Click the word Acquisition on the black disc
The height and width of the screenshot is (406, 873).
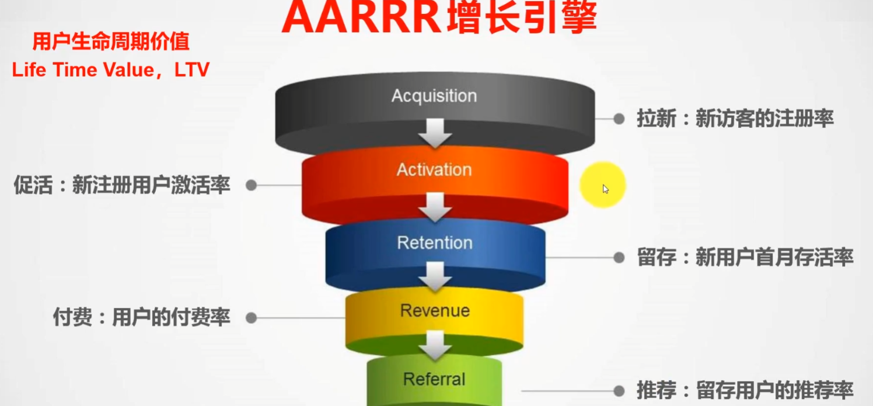pos(434,96)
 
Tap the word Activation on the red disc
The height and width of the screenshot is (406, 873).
pos(434,170)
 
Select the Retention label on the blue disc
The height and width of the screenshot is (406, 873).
pos(434,242)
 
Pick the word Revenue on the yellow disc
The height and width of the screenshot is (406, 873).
pos(435,310)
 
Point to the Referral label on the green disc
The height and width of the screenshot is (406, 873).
pos(434,379)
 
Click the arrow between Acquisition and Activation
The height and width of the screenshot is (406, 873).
pos(435,133)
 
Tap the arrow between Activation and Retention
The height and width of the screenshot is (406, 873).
pos(435,207)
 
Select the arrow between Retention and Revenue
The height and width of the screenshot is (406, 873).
pos(435,276)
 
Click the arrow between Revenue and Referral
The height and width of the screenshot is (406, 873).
pos(435,345)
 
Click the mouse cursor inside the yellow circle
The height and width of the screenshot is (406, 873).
pos(605,189)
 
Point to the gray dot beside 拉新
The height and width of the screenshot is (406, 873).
pos(619,119)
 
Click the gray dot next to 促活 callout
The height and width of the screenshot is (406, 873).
pos(251,185)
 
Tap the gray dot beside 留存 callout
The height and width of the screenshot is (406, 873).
pos(619,258)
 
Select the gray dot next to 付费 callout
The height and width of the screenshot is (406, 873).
pos(251,318)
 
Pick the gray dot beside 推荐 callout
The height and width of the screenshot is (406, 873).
pos(619,391)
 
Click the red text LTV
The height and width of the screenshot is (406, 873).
pos(192,70)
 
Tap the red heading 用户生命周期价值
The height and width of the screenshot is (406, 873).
pos(111,43)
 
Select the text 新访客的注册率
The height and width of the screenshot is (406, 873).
pos(764,119)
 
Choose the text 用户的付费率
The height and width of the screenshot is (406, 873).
pos(171,318)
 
